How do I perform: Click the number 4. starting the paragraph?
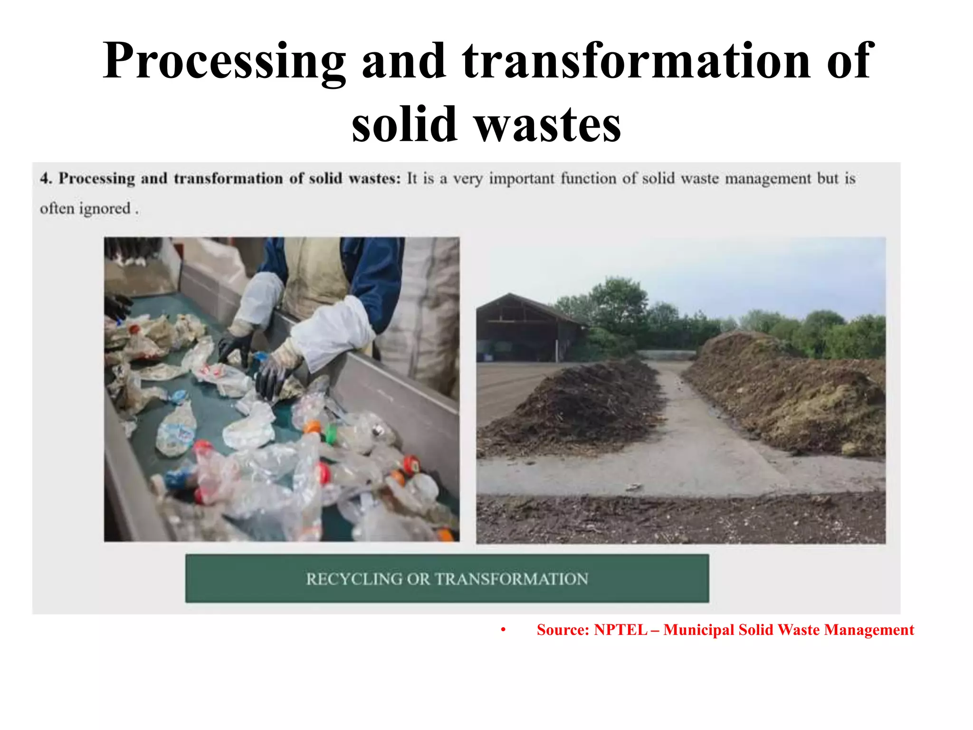pyautogui.click(x=46, y=179)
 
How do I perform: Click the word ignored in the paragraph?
pyautogui.click(x=105, y=209)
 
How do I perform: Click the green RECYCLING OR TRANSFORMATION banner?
pyautogui.click(x=447, y=578)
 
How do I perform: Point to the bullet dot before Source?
pyautogui.click(x=503, y=630)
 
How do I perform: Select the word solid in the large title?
pyautogui.click(x=404, y=125)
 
